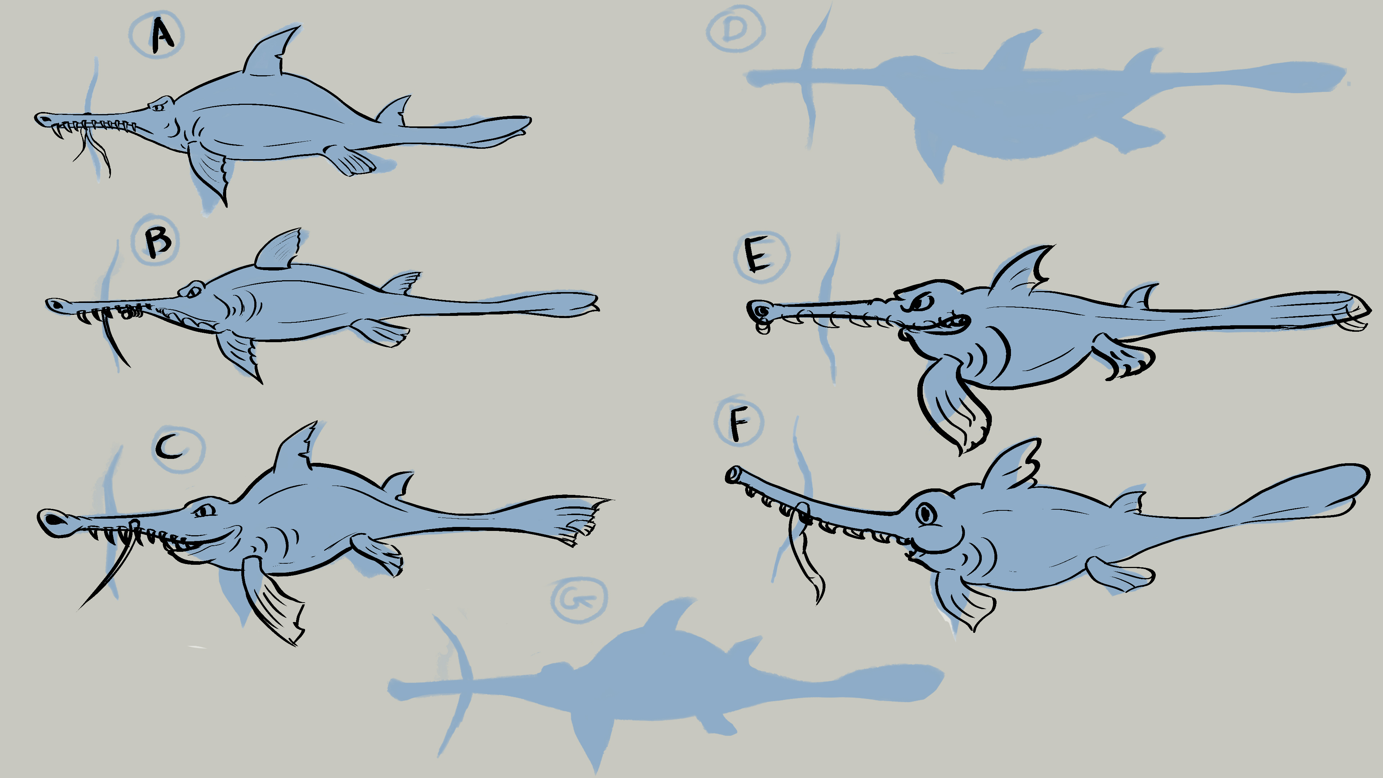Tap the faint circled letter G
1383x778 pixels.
tap(579, 600)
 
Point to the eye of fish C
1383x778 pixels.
tap(203, 510)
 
